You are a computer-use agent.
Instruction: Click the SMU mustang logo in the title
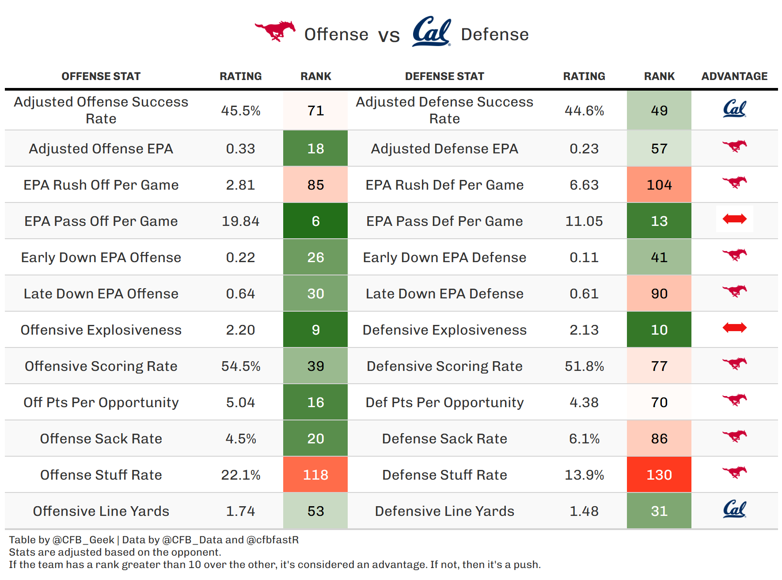coord(275,31)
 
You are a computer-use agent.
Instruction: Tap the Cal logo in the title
coord(432,32)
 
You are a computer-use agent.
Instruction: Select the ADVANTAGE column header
coord(734,76)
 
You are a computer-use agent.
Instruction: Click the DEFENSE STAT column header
coord(444,76)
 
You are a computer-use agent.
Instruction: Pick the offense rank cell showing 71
coord(315,111)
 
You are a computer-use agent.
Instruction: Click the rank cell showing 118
coord(315,475)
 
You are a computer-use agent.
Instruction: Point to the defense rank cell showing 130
coord(659,475)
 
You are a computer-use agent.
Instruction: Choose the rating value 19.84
coord(240,221)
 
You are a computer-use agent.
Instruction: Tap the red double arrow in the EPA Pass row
coord(734,219)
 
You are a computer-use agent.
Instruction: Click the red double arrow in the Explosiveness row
coord(734,328)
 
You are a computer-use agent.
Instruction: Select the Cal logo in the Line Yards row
coord(734,509)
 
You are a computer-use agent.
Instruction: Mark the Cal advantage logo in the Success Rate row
coord(734,109)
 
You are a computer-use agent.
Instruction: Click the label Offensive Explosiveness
coord(101,330)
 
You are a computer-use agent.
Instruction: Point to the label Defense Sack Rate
coord(444,439)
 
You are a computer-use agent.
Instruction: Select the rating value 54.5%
coord(240,366)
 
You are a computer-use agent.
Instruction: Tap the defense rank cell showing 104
coord(659,185)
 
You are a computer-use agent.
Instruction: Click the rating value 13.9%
coord(584,475)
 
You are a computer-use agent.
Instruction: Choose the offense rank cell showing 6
coord(315,221)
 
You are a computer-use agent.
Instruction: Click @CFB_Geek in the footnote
coord(83,540)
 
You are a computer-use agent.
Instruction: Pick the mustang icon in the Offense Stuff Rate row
coord(734,472)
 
